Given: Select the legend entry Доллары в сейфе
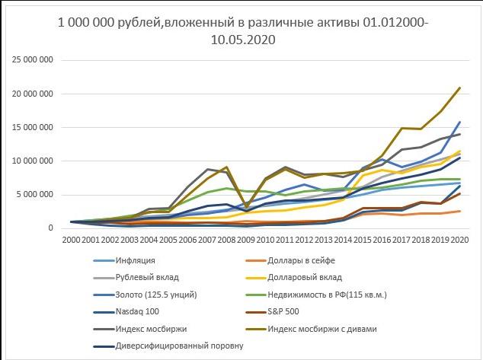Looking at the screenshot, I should point(301,260).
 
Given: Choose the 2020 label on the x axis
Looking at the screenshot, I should point(459,239).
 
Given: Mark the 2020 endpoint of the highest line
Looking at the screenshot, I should point(459,88).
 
